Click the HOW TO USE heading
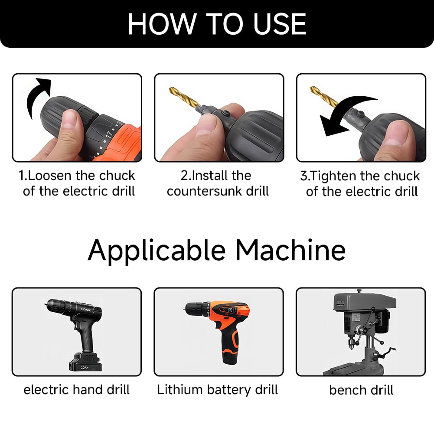[217, 24]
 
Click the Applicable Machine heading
[217, 251]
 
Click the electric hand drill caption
[77, 390]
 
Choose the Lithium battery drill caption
[217, 390]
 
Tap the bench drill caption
[361, 390]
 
